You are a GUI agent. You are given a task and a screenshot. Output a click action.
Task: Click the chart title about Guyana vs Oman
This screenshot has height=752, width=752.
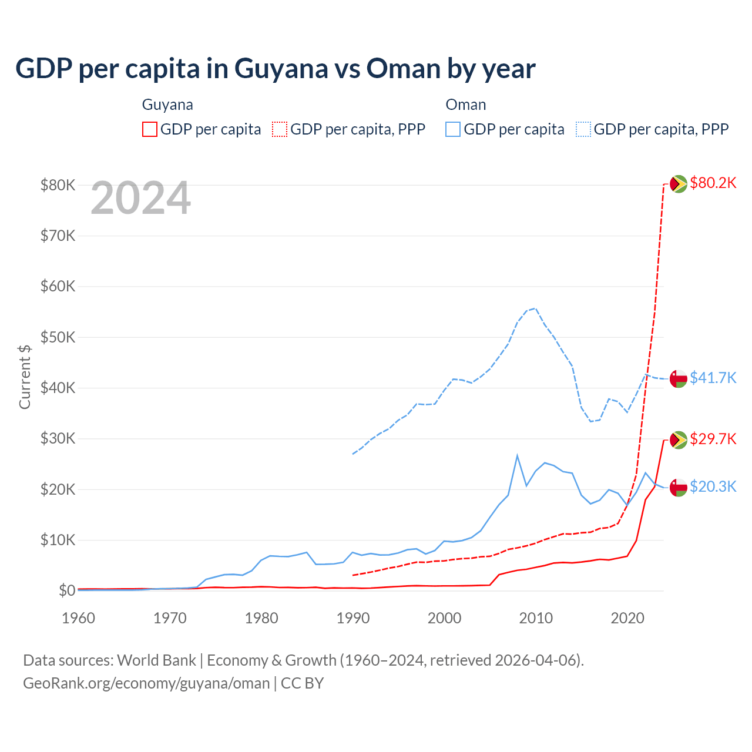click(275, 69)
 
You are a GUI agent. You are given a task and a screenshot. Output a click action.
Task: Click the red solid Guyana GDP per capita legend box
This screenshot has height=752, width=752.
click(150, 129)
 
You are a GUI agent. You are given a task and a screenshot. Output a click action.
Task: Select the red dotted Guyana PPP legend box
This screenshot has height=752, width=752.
click(280, 129)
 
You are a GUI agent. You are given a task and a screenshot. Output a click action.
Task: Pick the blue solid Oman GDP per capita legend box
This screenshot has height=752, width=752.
click(453, 129)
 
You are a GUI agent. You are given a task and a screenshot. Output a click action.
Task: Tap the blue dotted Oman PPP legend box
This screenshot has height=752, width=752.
click(583, 129)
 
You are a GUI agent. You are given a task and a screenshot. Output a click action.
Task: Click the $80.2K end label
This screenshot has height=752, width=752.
click(713, 183)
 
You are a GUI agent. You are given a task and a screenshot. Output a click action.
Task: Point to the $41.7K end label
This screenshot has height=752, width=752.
click(713, 378)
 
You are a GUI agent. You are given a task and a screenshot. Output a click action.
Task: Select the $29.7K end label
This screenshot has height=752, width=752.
click(713, 439)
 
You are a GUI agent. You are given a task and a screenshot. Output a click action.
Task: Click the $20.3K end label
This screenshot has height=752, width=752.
click(713, 487)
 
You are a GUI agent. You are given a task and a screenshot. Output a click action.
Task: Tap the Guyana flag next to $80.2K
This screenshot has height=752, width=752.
click(679, 184)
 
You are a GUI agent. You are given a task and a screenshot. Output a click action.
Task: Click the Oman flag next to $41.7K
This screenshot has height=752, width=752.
click(679, 378)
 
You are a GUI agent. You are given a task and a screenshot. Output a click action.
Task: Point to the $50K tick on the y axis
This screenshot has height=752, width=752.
click(58, 337)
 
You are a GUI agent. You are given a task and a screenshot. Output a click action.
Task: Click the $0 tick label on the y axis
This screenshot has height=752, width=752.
click(66, 590)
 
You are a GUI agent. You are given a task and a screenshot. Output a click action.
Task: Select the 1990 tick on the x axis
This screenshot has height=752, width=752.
click(353, 618)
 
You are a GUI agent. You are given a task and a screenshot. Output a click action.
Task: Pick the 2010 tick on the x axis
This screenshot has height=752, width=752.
click(536, 618)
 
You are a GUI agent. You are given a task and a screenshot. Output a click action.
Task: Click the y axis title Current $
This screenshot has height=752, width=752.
click(25, 377)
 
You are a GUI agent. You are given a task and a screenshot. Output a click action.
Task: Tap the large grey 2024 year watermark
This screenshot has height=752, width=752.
click(140, 199)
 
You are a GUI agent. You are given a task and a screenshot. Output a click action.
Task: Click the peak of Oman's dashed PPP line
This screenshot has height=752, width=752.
click(534, 308)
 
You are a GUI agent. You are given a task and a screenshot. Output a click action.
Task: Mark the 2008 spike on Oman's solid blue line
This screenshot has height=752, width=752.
click(517, 455)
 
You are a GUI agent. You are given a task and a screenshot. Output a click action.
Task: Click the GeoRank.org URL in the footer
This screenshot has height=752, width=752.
click(146, 683)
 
